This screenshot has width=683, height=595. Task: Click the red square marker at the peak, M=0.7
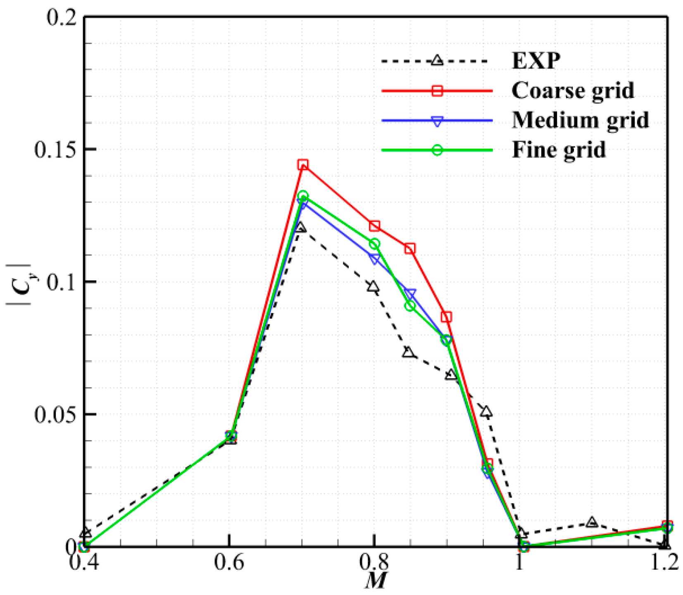pos(302,165)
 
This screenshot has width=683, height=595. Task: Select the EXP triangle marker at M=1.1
pos(592,522)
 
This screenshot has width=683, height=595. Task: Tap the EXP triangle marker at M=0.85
pos(409,352)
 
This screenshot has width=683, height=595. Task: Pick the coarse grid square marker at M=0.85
pos(409,249)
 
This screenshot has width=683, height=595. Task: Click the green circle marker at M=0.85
pos(409,306)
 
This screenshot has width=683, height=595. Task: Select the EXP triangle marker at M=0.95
pos(487,412)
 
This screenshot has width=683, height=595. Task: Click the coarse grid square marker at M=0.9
pos(446,317)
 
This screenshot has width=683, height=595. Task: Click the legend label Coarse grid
pos(572,90)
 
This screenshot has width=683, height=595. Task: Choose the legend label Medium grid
pos(580,120)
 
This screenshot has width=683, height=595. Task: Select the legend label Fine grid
pos(558,150)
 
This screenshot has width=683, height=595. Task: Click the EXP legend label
pos(536,61)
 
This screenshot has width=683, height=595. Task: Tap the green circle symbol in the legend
pos(437,150)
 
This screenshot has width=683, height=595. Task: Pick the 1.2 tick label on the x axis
pos(663,563)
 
